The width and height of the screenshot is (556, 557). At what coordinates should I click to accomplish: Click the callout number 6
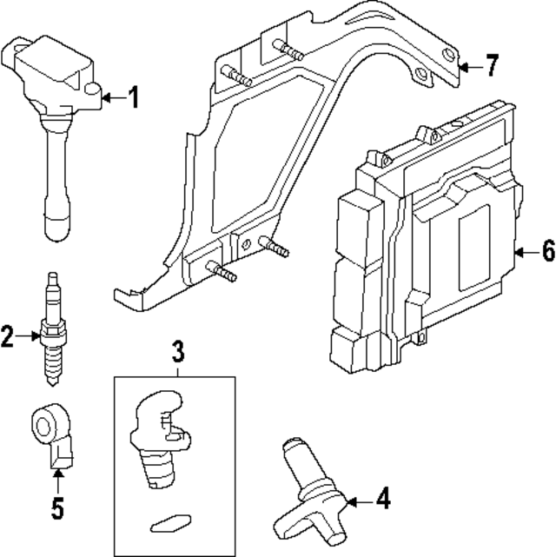point(546,251)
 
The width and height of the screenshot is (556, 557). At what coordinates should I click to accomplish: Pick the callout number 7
point(492,64)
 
